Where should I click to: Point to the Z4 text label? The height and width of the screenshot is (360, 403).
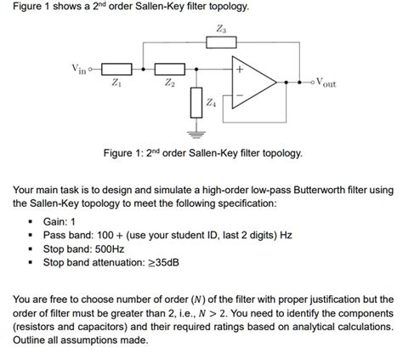212,103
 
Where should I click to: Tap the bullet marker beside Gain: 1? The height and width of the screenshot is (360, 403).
31,221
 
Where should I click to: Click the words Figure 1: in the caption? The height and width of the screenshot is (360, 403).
123,154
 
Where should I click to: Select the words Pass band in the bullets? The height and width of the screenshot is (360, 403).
67,236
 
